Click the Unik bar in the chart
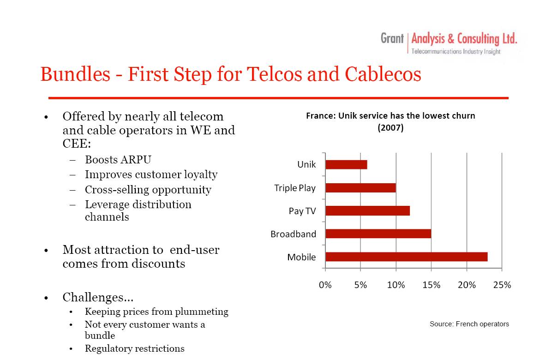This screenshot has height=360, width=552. (347, 165)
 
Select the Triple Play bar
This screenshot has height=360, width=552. (361, 188)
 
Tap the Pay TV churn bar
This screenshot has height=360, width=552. (368, 211)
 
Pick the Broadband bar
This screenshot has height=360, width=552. (378, 234)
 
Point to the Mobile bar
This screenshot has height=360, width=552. (407, 257)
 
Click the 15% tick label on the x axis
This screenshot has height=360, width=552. (431, 285)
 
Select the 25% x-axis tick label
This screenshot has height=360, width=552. (502, 285)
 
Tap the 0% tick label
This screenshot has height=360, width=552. (325, 285)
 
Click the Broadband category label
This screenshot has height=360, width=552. (293, 234)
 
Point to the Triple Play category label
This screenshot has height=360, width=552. (295, 188)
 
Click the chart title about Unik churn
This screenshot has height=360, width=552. (390, 121)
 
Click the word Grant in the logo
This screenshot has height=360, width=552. (392, 38)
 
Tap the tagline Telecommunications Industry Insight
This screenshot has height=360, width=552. (456, 52)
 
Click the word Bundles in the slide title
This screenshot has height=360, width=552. (75, 74)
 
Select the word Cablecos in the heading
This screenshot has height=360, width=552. (383, 74)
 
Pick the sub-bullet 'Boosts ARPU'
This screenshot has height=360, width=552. (118, 160)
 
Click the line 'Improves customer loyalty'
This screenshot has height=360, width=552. (151, 175)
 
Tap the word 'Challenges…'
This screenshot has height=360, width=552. (98, 297)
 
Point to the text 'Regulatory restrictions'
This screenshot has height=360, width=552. (134, 348)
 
